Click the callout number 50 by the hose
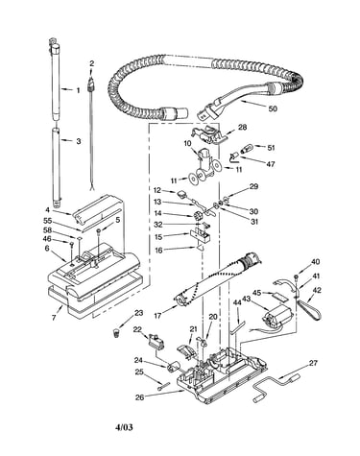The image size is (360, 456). pyautogui.click(x=273, y=108)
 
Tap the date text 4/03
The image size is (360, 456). pyautogui.click(x=124, y=427)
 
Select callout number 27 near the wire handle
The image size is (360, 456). pyautogui.click(x=313, y=363)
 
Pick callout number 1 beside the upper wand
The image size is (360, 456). pyautogui.click(x=78, y=90)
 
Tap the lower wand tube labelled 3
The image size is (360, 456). pyautogui.click(x=57, y=167)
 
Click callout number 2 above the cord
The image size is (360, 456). pyautogui.click(x=92, y=63)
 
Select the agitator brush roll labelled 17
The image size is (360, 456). pyautogui.click(x=218, y=277)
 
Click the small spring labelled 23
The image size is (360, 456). pyautogui.click(x=117, y=333)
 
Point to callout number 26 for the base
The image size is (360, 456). pyautogui.click(x=140, y=397)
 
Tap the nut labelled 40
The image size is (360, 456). pyautogui.click(x=297, y=276)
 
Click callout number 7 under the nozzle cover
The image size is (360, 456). pyautogui.click(x=54, y=318)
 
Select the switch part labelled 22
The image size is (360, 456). pyautogui.click(x=156, y=342)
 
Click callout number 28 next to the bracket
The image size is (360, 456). pyautogui.click(x=243, y=127)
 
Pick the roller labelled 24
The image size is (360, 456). pyautogui.click(x=173, y=366)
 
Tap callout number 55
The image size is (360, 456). pyautogui.click(x=48, y=221)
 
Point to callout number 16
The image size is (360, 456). pyautogui.click(x=158, y=251)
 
